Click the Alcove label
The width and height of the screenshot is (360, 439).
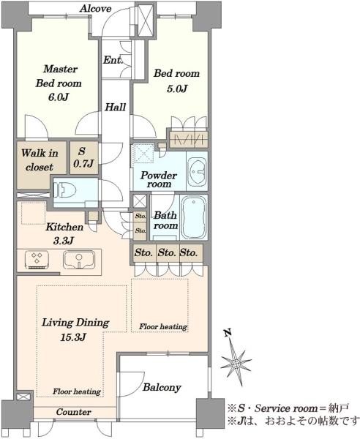point(96,9)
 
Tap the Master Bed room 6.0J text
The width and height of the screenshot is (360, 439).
point(59,83)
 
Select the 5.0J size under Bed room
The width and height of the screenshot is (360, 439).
point(178,89)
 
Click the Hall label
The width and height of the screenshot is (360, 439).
point(116,107)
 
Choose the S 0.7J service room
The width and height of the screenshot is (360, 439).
point(83,157)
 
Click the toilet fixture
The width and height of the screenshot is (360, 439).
point(65,191)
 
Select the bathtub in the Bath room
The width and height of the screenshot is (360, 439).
point(194,217)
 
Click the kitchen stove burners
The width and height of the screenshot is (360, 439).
point(37,259)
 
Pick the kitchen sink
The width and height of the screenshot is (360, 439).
point(79,260)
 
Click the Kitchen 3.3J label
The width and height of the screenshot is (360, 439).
point(64,233)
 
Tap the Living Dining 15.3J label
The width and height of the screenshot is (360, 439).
point(75,330)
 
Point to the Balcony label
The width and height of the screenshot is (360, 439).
point(162,387)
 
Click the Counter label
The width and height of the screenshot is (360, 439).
point(74,412)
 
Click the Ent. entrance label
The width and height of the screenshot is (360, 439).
point(113,60)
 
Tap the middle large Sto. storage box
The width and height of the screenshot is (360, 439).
point(168,253)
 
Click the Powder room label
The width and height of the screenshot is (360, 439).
point(159,179)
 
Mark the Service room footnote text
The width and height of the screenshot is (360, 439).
point(288,408)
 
